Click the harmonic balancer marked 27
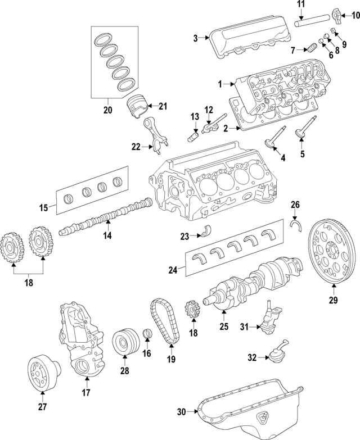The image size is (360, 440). pyautogui.click(x=43, y=371)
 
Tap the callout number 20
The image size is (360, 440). pyautogui.click(x=108, y=110)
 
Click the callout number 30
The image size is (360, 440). pyautogui.click(x=181, y=412)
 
